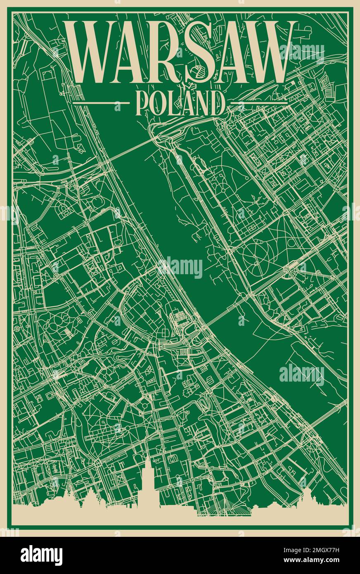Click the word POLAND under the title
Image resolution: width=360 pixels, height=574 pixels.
[x=180, y=103]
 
